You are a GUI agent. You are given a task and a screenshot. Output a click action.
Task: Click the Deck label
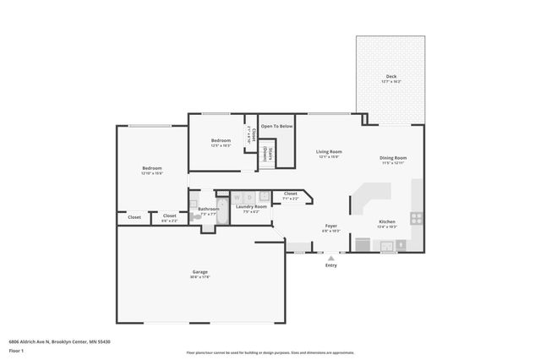tap(391, 77)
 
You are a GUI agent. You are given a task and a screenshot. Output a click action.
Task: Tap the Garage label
tap(199, 272)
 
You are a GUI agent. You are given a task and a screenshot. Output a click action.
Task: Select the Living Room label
tap(329, 151)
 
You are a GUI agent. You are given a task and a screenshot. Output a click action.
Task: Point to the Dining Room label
tap(393, 158)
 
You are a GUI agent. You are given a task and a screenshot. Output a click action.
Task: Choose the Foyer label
tap(331, 226)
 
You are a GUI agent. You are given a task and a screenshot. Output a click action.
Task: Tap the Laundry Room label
tap(251, 206)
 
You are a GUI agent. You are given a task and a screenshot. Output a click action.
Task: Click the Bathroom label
tap(209, 209)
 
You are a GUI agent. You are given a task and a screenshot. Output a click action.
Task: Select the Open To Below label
tap(276, 126)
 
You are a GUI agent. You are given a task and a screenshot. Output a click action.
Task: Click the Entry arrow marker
tap(331, 258)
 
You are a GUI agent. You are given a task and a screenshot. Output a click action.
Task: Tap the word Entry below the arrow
tap(331, 266)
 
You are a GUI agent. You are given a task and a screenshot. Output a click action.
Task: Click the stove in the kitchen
tap(416, 217)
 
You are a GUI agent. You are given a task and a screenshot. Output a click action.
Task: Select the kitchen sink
tap(389, 246)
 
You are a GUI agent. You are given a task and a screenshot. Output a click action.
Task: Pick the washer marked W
tap(237, 197)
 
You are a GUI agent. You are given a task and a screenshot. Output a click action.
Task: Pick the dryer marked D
tap(249, 197)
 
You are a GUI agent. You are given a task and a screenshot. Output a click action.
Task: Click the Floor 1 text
tap(16, 350)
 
